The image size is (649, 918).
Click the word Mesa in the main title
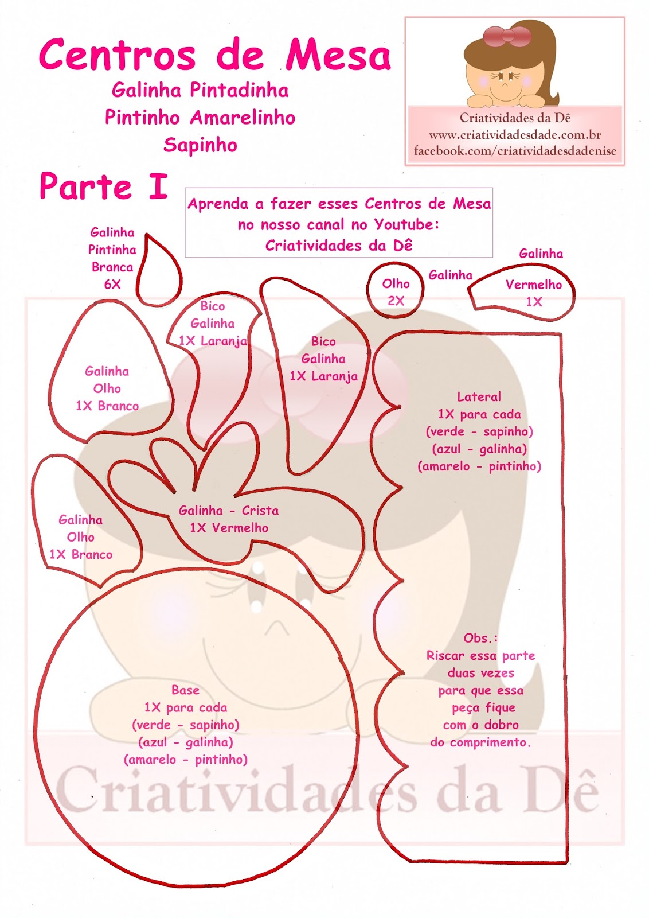pyautogui.click(x=338, y=56)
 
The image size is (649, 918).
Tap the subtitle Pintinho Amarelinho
pyautogui.click(x=200, y=118)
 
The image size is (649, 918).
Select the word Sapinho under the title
pyautogui.click(x=200, y=145)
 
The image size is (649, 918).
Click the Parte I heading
pyautogui.click(x=104, y=186)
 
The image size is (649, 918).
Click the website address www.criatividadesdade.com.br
pyautogui.click(x=515, y=135)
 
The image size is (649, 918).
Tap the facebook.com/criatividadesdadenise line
pyautogui.click(x=515, y=151)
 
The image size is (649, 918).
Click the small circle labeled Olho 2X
pyautogui.click(x=396, y=290)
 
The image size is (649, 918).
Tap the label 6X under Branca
pyautogui.click(x=112, y=285)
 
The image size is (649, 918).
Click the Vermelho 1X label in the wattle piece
pyautogui.click(x=533, y=293)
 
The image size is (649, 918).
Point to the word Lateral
pyautogui.click(x=479, y=397)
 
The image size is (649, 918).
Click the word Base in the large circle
pyautogui.click(x=185, y=690)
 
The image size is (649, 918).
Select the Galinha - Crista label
pyautogui.click(x=228, y=511)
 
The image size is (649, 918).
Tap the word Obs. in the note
pyautogui.click(x=480, y=638)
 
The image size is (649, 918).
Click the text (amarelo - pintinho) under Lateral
pyautogui.click(x=479, y=466)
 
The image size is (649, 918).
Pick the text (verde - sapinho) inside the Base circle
pyautogui.click(x=185, y=725)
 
